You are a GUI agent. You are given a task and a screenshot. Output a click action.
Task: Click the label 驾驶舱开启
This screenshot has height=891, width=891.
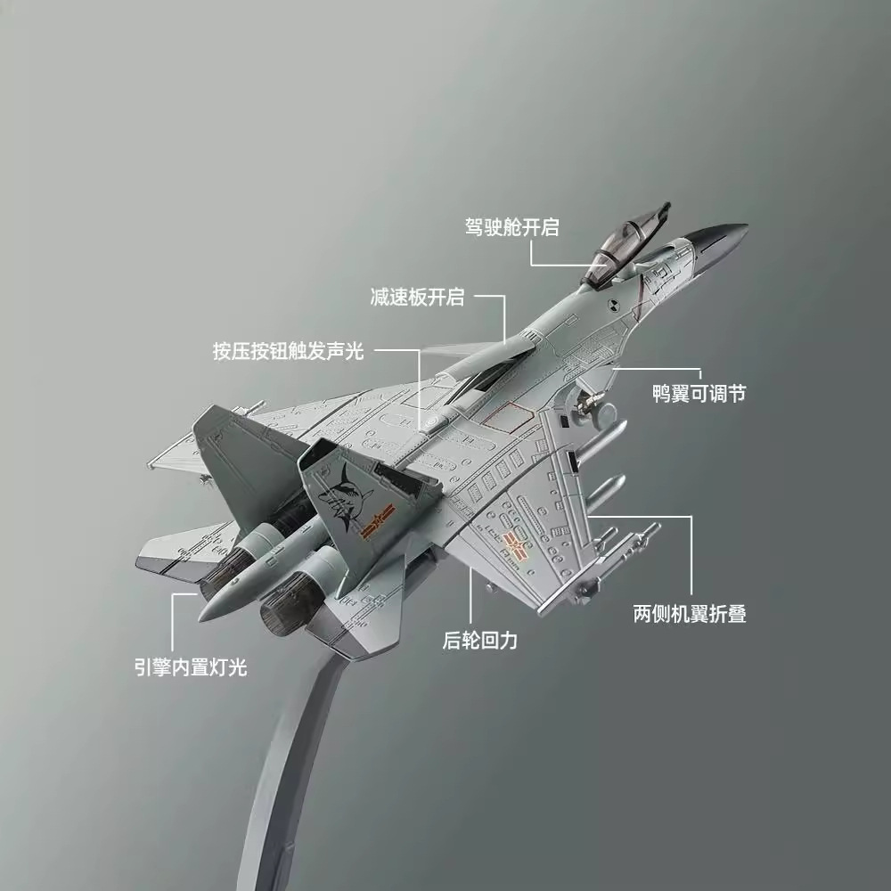[x=511, y=226]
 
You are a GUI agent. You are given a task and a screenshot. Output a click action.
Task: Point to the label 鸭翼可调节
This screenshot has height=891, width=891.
[x=699, y=393]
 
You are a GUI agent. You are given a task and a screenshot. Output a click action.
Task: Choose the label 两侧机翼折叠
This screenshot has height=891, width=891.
[x=689, y=613]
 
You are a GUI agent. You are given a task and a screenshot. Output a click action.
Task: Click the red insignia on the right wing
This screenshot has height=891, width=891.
[x=514, y=541]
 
